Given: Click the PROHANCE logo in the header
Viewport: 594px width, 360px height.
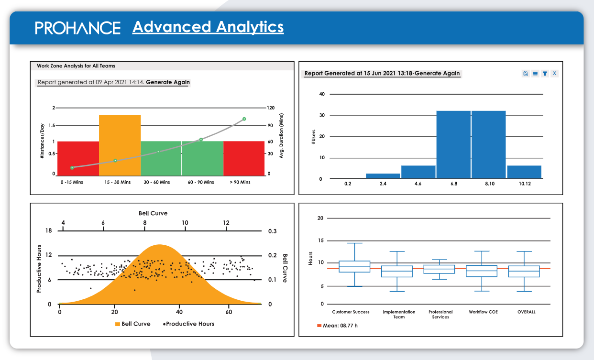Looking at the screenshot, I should point(77,28).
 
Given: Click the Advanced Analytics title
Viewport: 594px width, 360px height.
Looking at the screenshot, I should point(208,27).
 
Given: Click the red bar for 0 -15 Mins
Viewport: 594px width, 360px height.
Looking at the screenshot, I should point(78,158).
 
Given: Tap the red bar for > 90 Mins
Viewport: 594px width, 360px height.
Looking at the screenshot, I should point(244,158).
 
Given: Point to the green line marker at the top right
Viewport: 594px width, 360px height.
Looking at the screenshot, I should point(244,119).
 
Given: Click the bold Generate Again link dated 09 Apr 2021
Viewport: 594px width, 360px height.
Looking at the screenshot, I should point(168,82).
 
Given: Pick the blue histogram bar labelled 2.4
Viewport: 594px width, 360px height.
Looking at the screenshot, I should point(383,176).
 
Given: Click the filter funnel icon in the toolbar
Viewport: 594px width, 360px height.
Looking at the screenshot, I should point(545,74).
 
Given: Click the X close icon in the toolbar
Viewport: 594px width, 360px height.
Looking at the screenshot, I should point(554,74).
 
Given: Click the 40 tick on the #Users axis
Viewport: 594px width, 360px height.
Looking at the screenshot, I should point(322,94).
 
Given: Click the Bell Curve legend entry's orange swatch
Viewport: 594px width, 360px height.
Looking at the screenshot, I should point(117,324).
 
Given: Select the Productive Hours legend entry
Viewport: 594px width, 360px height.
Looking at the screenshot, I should point(189,324).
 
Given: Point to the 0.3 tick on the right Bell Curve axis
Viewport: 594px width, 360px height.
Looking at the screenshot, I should point(272,231).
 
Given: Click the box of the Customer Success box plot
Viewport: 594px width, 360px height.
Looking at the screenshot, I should point(354,266).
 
